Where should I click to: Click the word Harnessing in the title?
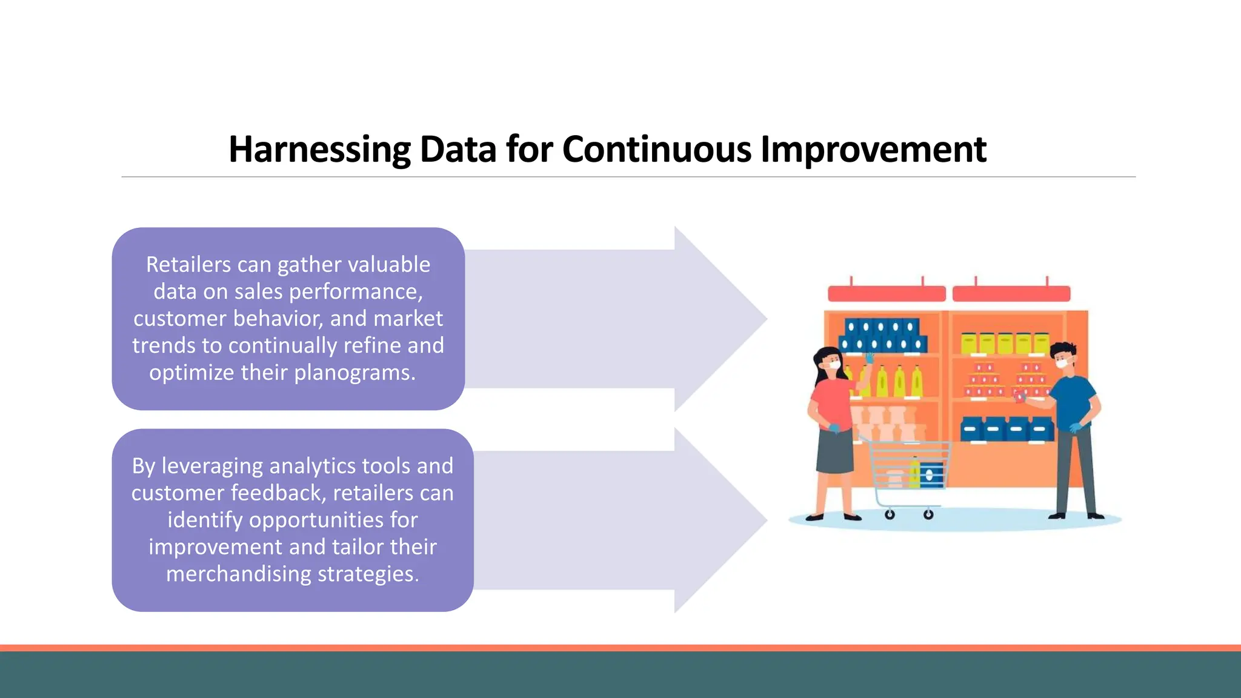pyautogui.click(x=319, y=149)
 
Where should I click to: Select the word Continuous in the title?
pyautogui.click(x=657, y=149)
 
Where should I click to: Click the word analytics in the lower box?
pyautogui.click(x=313, y=466)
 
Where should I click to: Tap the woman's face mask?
pyautogui.click(x=834, y=365)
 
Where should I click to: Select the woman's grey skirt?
pyautogui.click(x=835, y=451)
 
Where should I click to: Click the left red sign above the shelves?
pyautogui.click(x=887, y=294)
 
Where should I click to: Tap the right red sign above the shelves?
pyautogui.click(x=1011, y=294)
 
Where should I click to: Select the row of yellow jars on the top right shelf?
pyautogui.click(x=1005, y=343)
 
